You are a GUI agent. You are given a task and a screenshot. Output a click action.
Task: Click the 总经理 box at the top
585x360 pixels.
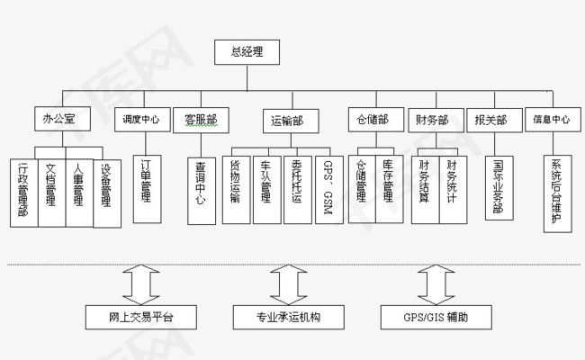coord(247,52)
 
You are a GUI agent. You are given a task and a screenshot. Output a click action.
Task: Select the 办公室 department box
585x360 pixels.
coord(60,119)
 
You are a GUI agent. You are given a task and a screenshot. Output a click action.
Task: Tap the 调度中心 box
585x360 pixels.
coord(142,119)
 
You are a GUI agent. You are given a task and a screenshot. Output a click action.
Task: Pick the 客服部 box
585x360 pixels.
coord(201,119)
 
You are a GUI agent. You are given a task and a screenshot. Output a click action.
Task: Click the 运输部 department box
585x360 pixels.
coord(286,119)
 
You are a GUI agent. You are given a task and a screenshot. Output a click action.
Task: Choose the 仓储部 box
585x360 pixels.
coord(373,119)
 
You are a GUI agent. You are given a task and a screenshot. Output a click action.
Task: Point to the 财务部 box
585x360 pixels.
coord(433,119)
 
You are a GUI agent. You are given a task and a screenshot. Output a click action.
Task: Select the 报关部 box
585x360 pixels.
coord(490,119)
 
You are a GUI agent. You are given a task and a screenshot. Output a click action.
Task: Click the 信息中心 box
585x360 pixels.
coord(552,119)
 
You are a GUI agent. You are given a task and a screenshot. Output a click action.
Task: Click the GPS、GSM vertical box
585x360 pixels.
coord(328,190)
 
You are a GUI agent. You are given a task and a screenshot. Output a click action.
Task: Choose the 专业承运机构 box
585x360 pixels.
coord(289,317)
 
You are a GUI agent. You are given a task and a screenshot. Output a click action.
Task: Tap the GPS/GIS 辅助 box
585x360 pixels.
coord(436,317)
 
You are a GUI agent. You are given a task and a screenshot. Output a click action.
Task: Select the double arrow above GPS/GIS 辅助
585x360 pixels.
coord(436,283)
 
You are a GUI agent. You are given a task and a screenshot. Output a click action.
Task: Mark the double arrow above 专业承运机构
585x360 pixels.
coord(288,283)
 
